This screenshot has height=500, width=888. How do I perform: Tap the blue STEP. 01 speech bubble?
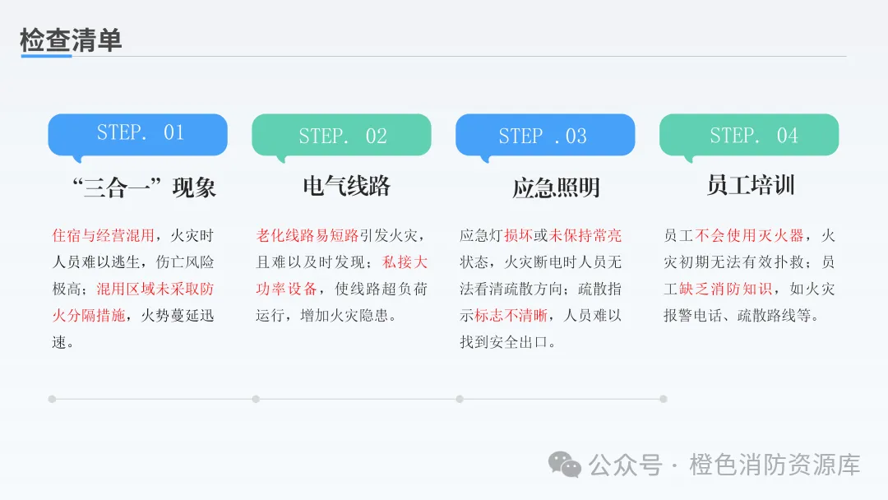(x=137, y=133)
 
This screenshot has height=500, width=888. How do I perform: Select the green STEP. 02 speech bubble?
(x=341, y=135)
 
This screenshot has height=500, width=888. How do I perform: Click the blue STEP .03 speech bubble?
(x=544, y=135)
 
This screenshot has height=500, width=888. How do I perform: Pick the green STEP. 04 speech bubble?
(x=749, y=135)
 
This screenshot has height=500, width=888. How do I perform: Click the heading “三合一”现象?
(x=145, y=187)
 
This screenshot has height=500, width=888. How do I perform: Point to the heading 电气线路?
(x=346, y=186)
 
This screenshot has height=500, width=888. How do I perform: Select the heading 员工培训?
(x=750, y=184)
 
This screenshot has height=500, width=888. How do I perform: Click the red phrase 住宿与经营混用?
(x=103, y=236)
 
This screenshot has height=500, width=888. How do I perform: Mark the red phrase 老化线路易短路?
(x=308, y=236)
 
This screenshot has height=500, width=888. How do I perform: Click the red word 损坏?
(x=518, y=236)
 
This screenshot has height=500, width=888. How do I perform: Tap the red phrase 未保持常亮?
(x=585, y=236)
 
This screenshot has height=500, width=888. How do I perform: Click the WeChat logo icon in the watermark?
(x=565, y=465)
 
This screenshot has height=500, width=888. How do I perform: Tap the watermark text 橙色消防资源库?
(x=775, y=465)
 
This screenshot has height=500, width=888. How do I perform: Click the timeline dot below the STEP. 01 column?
(x=52, y=399)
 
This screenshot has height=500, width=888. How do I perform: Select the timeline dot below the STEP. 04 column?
(x=664, y=399)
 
